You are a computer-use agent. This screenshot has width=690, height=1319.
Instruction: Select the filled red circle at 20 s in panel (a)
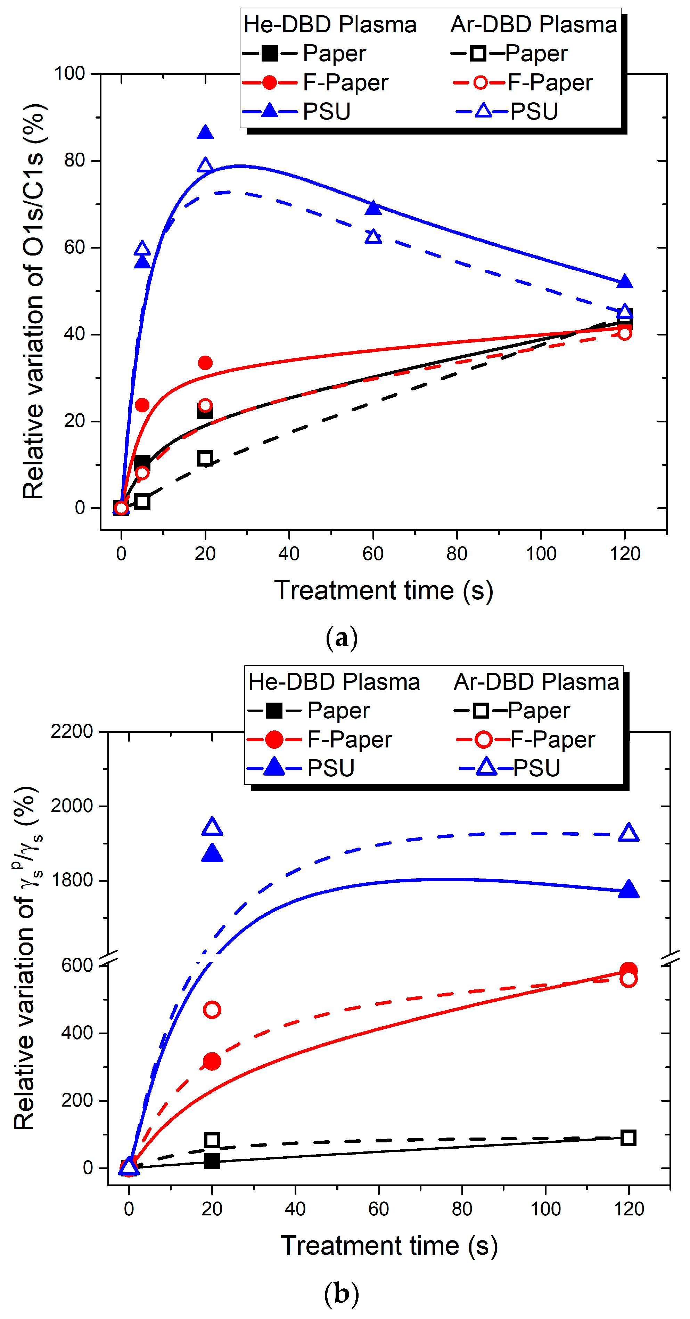tap(205, 363)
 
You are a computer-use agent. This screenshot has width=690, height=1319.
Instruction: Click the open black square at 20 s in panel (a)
tap(205, 458)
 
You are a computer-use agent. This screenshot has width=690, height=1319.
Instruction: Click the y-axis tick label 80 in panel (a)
tap(74, 161)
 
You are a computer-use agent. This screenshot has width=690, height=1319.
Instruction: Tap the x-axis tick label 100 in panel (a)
tap(541, 553)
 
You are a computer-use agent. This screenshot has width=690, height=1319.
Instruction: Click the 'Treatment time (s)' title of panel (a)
tap(383, 590)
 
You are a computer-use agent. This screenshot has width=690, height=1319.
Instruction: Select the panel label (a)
tap(342, 638)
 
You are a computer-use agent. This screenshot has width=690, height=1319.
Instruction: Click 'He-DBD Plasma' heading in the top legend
tap(330, 25)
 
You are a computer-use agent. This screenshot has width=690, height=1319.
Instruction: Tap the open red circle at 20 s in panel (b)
tap(212, 1010)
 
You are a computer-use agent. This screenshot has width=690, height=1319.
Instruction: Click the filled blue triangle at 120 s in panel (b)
tap(629, 889)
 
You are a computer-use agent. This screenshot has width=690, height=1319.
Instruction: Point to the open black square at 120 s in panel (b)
tap(629, 1138)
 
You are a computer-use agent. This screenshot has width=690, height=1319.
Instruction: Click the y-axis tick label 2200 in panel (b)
tap(72, 731)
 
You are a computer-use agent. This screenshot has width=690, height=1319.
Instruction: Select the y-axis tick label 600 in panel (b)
tap(77, 965)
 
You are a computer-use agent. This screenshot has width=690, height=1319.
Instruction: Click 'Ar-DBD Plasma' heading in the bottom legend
tap(536, 682)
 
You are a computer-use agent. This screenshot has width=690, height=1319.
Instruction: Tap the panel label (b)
tap(342, 1293)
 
